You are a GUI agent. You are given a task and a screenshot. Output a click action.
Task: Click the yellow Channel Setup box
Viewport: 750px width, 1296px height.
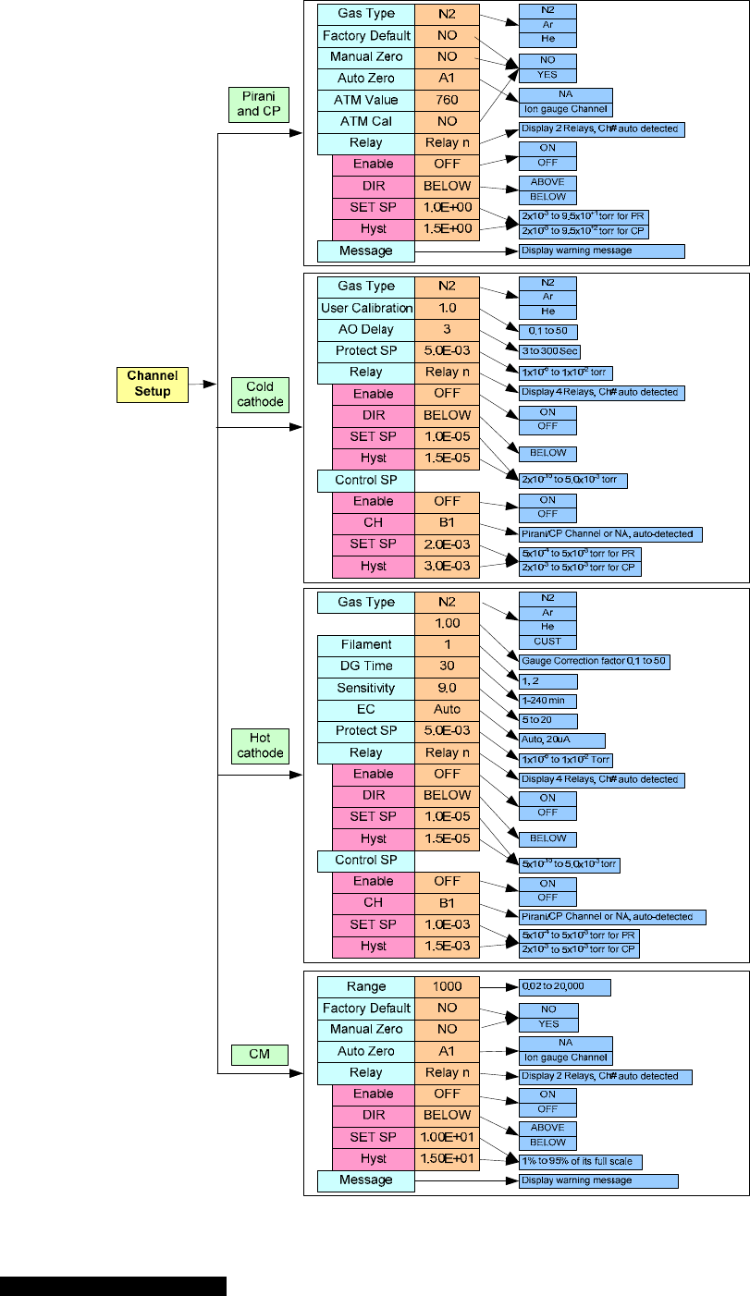151,385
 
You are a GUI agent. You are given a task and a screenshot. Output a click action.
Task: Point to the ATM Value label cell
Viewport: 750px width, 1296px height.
365,100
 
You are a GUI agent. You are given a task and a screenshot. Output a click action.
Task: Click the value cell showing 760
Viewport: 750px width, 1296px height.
447,100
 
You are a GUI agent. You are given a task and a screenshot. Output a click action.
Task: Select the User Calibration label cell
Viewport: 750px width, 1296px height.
365,308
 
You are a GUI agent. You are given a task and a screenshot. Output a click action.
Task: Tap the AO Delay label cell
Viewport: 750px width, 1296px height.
365,329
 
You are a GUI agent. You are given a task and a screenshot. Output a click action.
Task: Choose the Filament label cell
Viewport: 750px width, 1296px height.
365,645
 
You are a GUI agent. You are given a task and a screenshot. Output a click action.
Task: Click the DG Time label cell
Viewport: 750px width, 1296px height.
365,666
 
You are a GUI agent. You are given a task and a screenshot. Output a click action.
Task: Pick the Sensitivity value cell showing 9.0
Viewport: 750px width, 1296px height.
447,688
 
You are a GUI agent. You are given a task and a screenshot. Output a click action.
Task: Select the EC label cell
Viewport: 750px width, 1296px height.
365,710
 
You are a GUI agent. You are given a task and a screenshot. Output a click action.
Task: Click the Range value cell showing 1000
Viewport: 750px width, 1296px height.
447,987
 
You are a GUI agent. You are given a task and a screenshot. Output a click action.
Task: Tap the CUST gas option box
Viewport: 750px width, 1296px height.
547,641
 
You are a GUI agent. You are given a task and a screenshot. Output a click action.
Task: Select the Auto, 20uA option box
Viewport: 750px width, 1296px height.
561,740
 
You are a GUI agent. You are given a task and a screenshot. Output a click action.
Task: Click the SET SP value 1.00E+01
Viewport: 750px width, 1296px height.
447,1137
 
